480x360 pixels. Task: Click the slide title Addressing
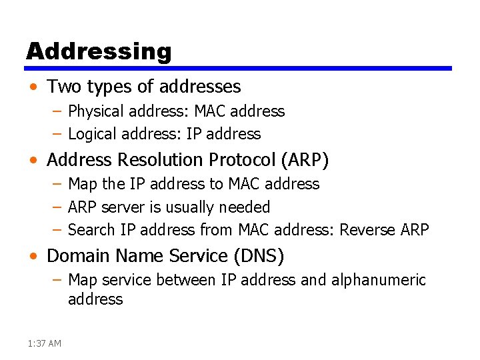(x=99, y=51)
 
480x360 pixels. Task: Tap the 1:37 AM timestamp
(x=45, y=343)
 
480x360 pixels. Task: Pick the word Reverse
(x=367, y=230)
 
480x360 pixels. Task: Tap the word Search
(x=92, y=230)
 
